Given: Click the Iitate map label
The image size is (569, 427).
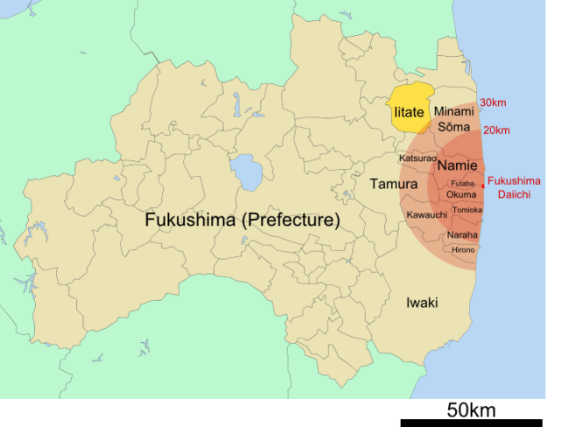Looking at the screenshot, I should click(x=408, y=113).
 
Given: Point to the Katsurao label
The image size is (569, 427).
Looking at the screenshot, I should click(x=418, y=158).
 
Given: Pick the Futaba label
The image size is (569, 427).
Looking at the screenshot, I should click(x=462, y=184).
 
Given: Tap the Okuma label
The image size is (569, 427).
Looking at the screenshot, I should click(x=461, y=194).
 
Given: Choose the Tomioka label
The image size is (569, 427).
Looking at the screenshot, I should click(x=467, y=210).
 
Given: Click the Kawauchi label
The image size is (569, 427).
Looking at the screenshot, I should click(x=427, y=214).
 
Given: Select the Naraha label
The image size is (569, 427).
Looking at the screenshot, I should click(x=462, y=234).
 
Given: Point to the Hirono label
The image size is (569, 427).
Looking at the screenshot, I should click(x=463, y=250).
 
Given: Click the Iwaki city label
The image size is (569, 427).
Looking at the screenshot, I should click(x=422, y=303).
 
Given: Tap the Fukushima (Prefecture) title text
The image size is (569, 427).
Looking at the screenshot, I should click(x=242, y=220).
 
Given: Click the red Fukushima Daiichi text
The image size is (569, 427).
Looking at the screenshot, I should click(x=514, y=187).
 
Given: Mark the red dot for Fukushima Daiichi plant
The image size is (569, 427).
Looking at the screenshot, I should click(x=484, y=185).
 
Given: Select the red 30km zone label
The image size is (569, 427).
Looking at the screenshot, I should click(x=493, y=103).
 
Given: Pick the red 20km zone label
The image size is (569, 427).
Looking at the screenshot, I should click(x=496, y=130).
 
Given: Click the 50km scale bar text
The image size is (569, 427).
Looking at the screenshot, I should click(x=471, y=409).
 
